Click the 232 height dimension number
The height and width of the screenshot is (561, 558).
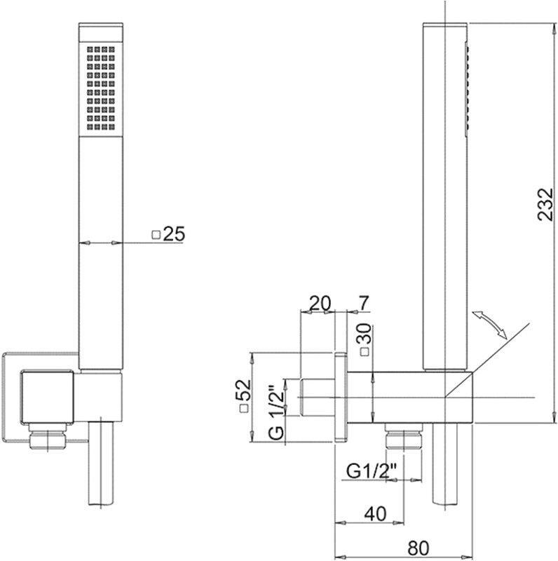545,204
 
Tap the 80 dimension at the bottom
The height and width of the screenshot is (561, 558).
418,547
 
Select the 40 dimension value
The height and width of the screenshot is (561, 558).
376,513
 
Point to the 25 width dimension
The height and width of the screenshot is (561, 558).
174,234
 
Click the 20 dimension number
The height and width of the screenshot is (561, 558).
320,303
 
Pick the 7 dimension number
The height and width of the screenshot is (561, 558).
363,304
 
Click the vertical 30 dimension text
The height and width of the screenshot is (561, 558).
365,334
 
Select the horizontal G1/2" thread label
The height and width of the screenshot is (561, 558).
372,471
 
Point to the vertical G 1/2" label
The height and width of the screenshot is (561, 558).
276,412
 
